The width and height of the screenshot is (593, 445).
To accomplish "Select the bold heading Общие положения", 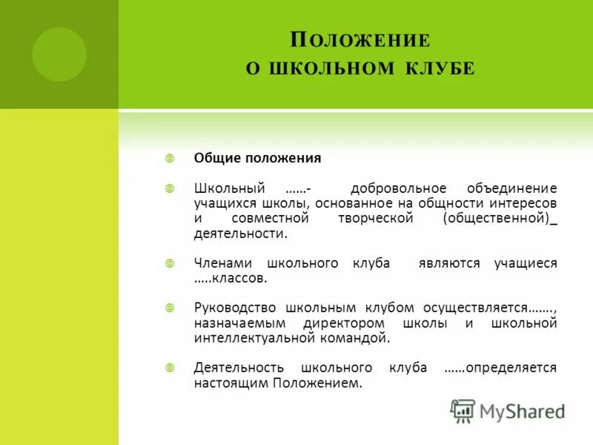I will (257, 158).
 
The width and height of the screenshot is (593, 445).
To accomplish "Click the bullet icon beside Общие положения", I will (169, 158).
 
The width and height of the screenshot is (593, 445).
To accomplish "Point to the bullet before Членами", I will (169, 263).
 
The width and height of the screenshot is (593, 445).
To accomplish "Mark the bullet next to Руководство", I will (169, 307).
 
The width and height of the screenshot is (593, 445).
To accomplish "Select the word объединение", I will (512, 188).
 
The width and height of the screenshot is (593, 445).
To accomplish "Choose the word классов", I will (238, 278).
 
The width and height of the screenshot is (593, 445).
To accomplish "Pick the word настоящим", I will (231, 383).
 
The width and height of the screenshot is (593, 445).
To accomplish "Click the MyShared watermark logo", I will (507, 411).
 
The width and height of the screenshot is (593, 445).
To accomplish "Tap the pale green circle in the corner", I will (59, 54).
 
